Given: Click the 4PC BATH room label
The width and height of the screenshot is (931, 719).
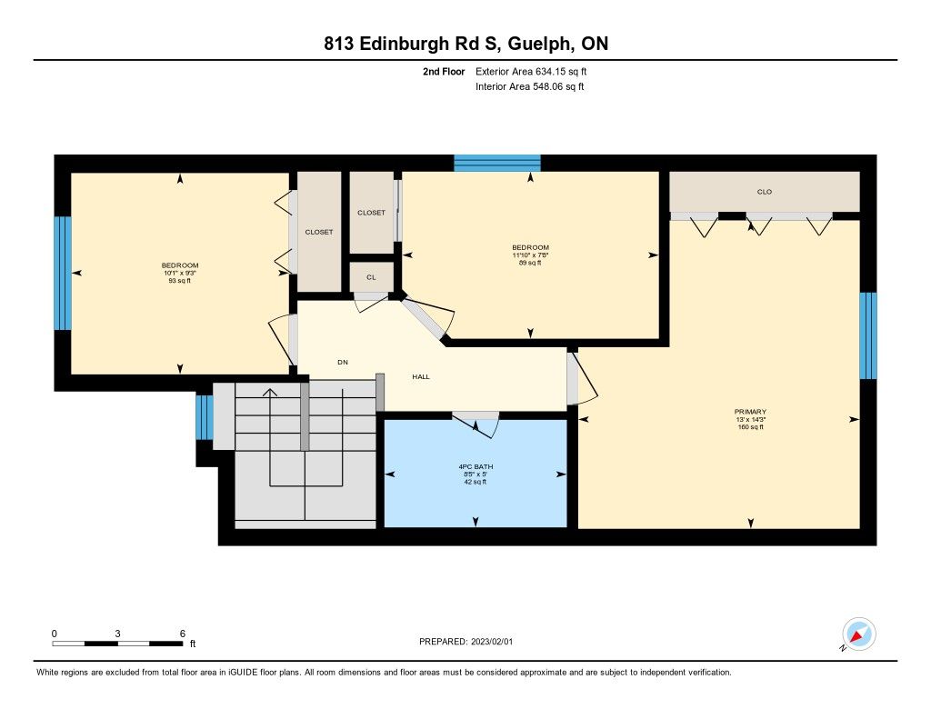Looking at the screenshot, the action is tap(476, 466).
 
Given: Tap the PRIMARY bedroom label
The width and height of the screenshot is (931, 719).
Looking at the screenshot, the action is tap(750, 412).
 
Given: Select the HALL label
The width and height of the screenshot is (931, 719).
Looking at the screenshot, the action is tap(421, 376).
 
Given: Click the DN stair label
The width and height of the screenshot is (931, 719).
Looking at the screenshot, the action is tap(343, 362).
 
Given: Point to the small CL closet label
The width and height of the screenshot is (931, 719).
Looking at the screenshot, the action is tap(371, 277).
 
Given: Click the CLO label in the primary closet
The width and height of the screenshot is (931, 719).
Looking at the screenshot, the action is tap(765, 192).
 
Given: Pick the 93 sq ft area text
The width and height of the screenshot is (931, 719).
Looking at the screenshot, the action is tap(180, 281).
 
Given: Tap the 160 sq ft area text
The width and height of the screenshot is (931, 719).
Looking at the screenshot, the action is tap(750, 427).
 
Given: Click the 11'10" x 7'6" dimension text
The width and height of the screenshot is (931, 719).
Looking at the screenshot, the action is tap(530, 255).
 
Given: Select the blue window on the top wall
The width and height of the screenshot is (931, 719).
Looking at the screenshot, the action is tap(497, 163).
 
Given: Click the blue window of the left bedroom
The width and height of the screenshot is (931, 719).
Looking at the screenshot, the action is tap(63, 273).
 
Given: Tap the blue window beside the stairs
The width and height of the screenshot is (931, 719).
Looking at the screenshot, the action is tap(205, 417).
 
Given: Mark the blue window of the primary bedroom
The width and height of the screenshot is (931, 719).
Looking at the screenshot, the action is tap(868, 335).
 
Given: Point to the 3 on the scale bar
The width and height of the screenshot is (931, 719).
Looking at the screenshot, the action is tap(117, 634).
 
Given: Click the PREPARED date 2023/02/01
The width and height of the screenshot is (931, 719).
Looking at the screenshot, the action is tap(492, 642).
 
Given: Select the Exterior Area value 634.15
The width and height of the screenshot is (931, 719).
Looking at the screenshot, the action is tap(549, 71).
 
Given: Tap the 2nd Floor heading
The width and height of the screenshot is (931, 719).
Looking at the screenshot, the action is tap(444, 71).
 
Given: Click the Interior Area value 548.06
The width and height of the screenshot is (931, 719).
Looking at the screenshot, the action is tap(546, 86).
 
